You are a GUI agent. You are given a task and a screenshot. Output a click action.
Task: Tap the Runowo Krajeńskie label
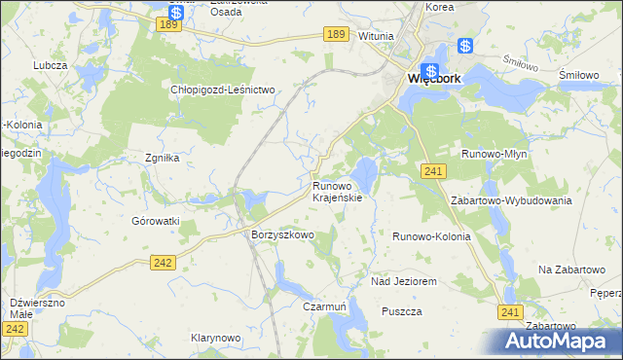[337, 191]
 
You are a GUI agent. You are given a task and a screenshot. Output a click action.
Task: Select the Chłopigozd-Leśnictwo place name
[225, 89]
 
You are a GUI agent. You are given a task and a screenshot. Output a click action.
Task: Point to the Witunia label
[376, 36]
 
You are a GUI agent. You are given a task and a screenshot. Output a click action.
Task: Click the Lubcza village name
[49, 65]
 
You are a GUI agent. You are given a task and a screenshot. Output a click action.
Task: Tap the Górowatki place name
[157, 221]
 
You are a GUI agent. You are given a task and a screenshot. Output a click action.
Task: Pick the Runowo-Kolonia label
[431, 236]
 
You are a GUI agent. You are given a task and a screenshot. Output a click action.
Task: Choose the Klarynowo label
[216, 338]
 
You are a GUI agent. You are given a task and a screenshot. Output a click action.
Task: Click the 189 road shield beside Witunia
[337, 34]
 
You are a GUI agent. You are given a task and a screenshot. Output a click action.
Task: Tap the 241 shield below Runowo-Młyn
[434, 171]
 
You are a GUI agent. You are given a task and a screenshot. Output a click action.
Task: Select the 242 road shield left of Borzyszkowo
[164, 262]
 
